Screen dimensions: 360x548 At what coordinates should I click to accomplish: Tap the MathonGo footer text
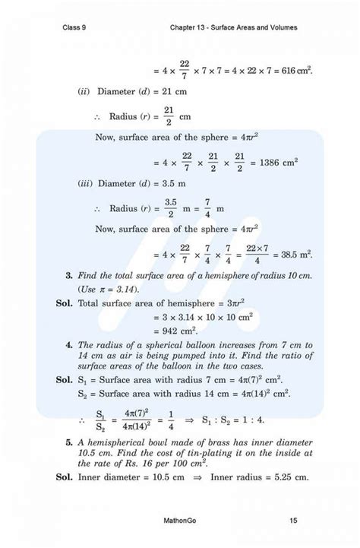coord(180,521)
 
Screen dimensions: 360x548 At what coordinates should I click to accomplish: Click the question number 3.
coord(68,274)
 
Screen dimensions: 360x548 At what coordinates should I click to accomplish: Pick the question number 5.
coord(68,442)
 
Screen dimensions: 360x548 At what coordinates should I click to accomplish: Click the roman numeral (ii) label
coord(84,92)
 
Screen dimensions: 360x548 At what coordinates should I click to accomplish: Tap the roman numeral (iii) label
coord(86,184)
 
